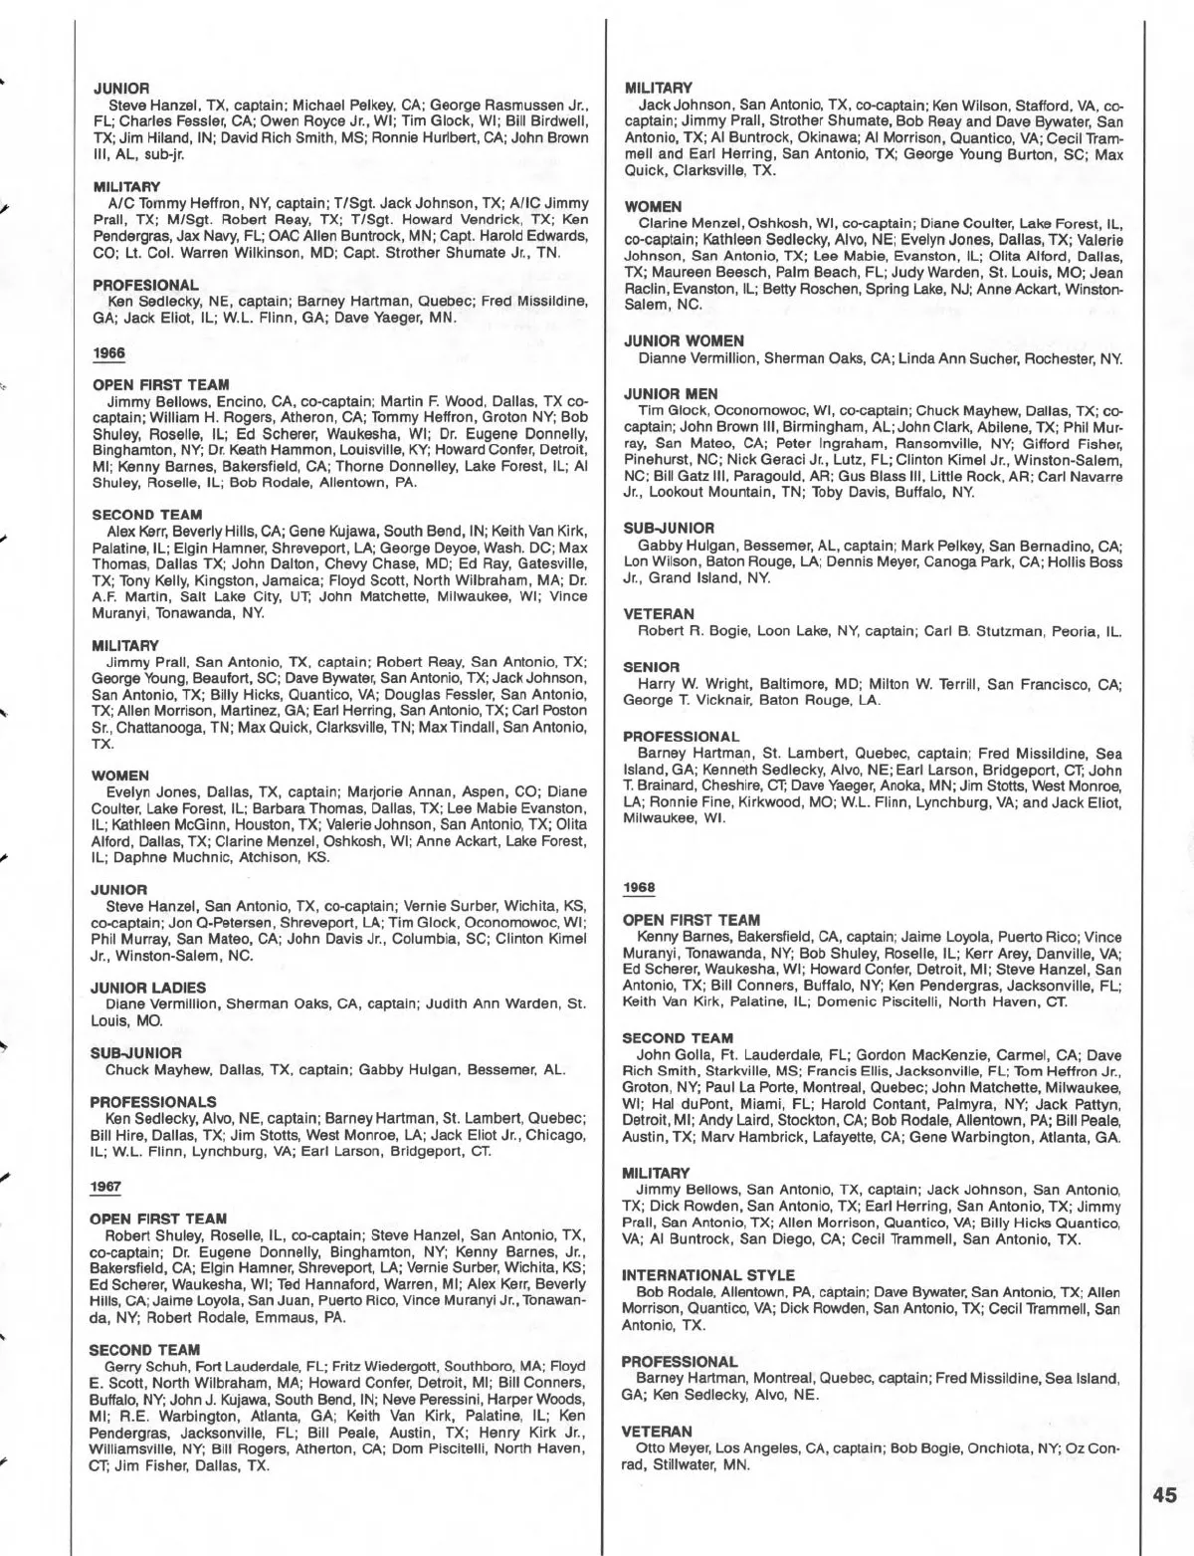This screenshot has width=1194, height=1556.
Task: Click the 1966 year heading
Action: [x=106, y=353]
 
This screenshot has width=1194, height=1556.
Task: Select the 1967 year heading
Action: [x=104, y=1187]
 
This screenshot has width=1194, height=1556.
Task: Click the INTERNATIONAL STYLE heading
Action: [x=708, y=1275]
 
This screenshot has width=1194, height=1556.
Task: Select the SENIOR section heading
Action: [x=651, y=666]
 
